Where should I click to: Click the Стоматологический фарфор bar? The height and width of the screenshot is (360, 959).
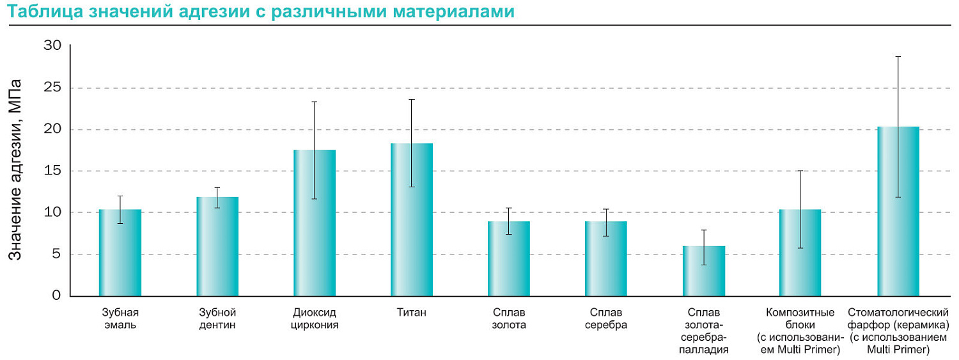(x=898, y=211)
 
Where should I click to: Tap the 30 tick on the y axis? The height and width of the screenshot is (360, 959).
(x=52, y=46)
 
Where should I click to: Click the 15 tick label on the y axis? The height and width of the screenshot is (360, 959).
(x=52, y=171)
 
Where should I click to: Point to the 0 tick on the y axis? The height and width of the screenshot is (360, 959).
(x=56, y=296)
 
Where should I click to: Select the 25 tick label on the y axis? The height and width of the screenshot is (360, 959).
(x=52, y=88)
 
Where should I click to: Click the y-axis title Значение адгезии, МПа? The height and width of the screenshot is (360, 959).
(x=16, y=169)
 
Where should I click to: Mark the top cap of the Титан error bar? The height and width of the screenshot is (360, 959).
(x=412, y=100)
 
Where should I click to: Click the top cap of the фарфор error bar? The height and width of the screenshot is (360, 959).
(x=898, y=57)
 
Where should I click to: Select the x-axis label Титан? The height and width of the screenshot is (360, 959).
(x=412, y=313)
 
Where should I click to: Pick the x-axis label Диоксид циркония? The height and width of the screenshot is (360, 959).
(x=315, y=318)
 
